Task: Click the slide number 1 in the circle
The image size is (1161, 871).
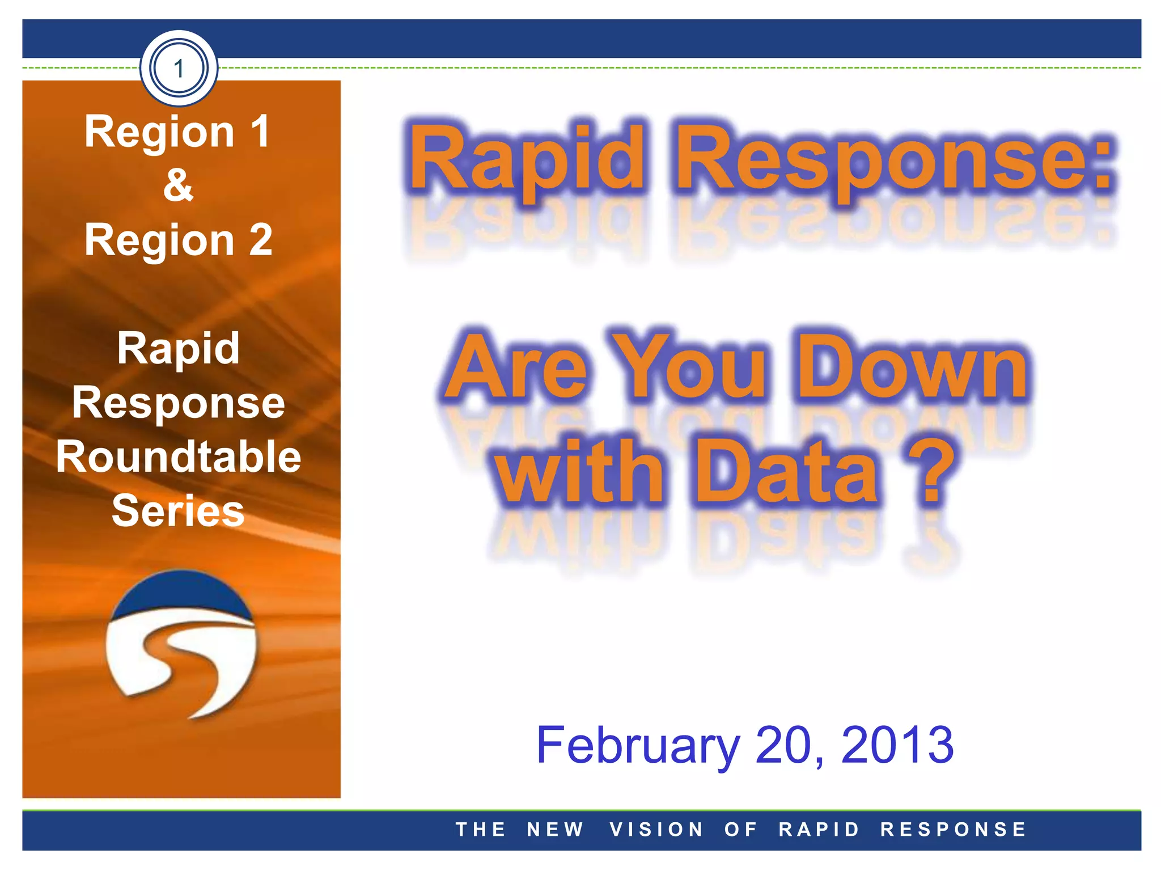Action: [179, 69]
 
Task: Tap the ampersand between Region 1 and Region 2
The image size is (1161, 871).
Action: [178, 185]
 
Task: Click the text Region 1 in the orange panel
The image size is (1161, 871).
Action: [177, 132]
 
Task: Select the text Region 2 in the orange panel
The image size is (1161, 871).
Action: [178, 240]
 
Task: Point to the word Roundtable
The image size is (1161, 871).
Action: [178, 457]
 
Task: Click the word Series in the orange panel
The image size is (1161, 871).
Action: [178, 510]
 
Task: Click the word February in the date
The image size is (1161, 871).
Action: [638, 745]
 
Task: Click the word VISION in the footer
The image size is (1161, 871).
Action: [656, 830]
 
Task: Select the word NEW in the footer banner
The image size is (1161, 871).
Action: [555, 830]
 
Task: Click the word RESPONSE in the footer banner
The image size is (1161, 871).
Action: [954, 830]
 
